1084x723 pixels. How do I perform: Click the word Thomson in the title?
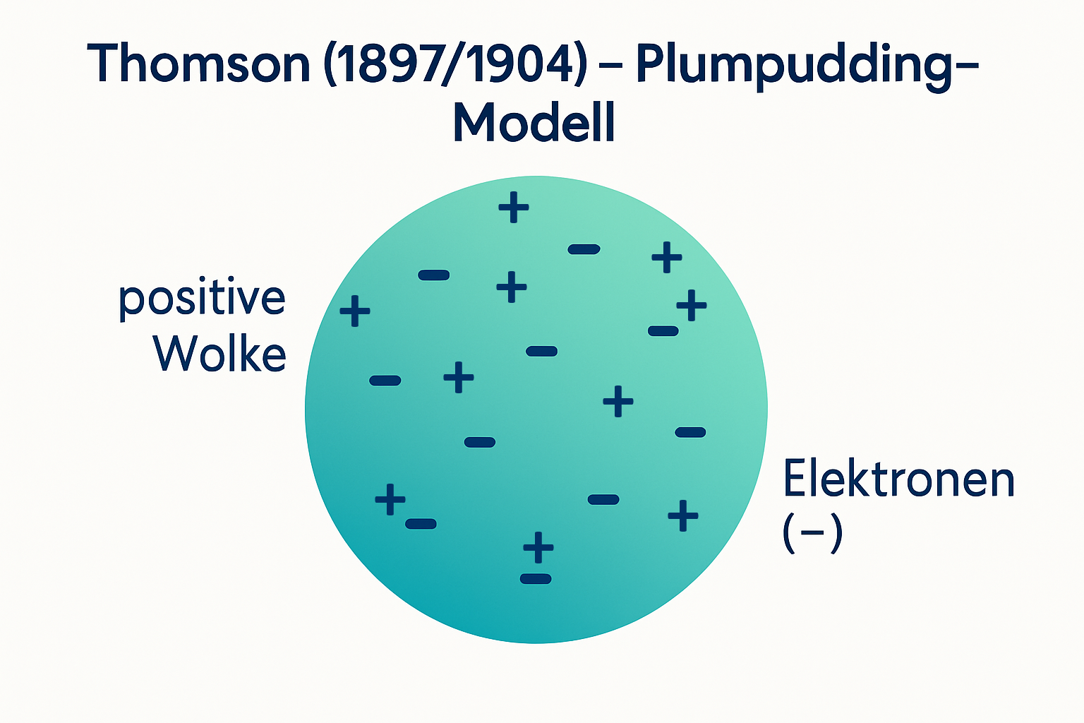[198, 64]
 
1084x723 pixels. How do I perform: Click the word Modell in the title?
[534, 123]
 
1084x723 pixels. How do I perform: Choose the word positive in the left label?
[202, 299]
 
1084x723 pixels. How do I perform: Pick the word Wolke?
[220, 353]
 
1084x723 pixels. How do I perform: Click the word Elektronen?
[898, 479]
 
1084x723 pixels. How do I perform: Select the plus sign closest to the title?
[514, 208]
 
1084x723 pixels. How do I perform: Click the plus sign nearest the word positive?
[355, 311]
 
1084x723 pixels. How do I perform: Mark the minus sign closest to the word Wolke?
[385, 381]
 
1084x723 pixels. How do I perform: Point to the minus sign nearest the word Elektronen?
[690, 432]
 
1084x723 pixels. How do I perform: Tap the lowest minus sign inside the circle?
[536, 579]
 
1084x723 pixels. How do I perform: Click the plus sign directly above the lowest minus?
[538, 547]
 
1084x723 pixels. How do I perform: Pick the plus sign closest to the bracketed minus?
[683, 515]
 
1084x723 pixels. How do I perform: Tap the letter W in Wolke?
[174, 353]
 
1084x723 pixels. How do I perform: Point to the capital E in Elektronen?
[795, 479]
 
